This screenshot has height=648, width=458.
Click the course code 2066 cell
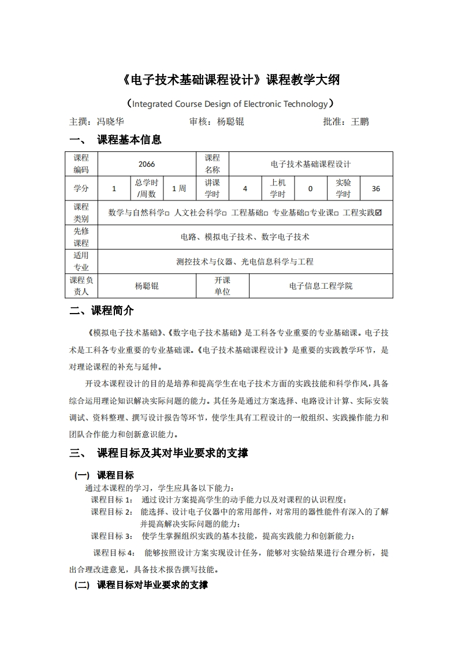[x=147, y=164]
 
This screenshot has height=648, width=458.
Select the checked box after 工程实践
[x=378, y=213]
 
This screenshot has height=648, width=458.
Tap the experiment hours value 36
[x=376, y=188]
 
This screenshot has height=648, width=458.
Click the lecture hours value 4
[x=245, y=188]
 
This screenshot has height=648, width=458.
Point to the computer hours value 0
[x=310, y=188]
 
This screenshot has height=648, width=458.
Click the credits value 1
[x=114, y=188]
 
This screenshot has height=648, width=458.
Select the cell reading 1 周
[x=179, y=188]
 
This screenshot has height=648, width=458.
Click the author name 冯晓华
[x=110, y=122]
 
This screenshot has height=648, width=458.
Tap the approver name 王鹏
[x=360, y=122]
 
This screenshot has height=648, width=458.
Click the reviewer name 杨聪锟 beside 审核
[x=230, y=122]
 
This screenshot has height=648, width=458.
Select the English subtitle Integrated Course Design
[x=229, y=104]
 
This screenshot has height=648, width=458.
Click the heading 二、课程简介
[x=102, y=311]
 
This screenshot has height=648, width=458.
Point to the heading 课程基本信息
[x=129, y=140]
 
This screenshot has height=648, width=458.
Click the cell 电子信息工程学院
[x=321, y=286]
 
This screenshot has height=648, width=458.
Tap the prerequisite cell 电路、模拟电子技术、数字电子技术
[x=245, y=237]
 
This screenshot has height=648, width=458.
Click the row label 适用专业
[x=81, y=261]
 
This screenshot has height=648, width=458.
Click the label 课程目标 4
[x=114, y=553]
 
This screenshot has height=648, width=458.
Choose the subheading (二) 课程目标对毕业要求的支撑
[x=141, y=585]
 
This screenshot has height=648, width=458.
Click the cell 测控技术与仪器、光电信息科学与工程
[x=245, y=261]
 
